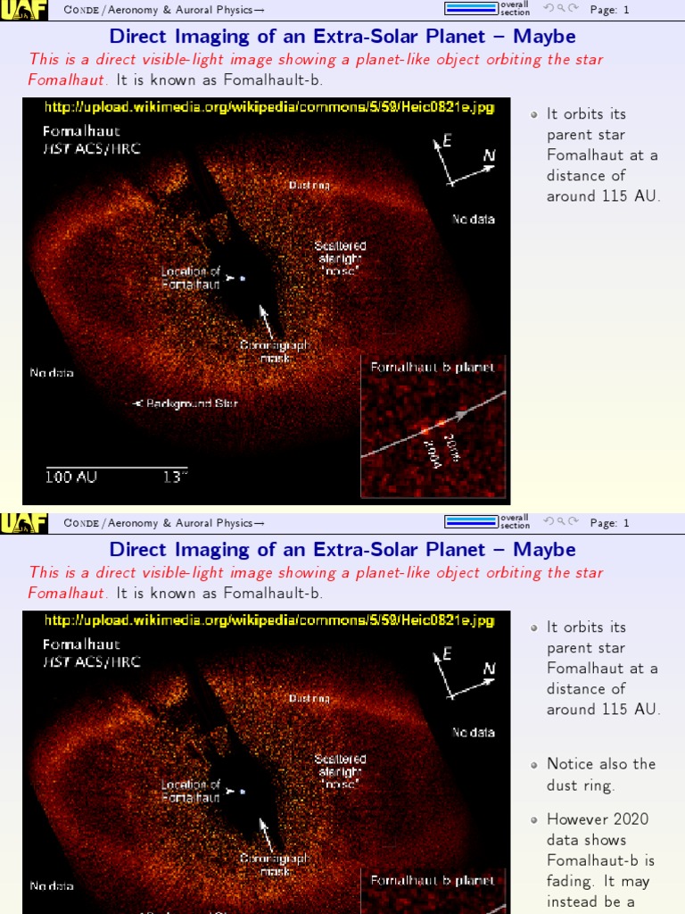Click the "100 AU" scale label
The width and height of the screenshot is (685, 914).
coord(72,477)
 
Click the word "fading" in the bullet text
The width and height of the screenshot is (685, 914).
coord(572,881)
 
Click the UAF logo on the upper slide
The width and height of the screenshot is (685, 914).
coord(24,10)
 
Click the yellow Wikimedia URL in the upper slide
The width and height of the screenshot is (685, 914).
coord(268,107)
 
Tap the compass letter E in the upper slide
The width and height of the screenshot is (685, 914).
coord(447,141)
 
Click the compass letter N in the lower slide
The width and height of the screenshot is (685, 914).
coord(489,669)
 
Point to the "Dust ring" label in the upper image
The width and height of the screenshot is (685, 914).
coord(309,185)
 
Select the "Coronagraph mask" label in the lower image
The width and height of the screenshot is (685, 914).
coord(274,864)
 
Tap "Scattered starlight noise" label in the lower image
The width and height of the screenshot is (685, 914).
coord(340,770)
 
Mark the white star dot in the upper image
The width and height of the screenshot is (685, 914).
coord(242,278)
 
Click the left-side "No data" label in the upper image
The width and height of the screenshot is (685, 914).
coord(52,372)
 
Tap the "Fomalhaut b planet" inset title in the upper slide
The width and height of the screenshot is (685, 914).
coord(433,367)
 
